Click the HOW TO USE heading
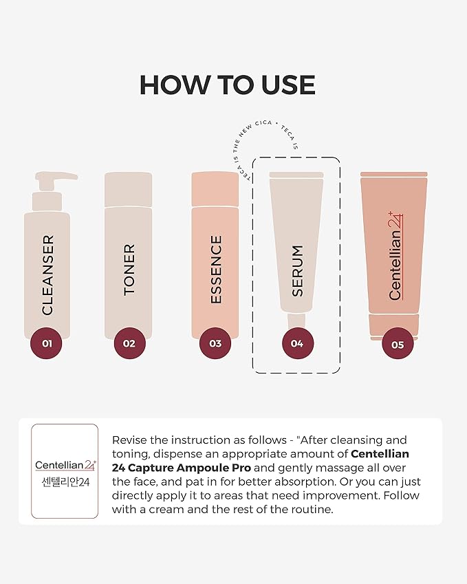click(228, 85)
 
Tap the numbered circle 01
click(46, 343)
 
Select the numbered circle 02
click(129, 343)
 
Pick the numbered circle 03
click(215, 343)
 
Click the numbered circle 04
click(297, 343)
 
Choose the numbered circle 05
click(398, 344)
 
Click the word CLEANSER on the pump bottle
click(47, 275)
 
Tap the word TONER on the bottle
click(129, 270)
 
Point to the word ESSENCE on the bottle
click(216, 269)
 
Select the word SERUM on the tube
click(297, 271)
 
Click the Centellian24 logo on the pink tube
click(395, 256)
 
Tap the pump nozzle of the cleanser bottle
click(56, 177)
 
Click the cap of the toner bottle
click(128, 189)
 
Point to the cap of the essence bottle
click(215, 189)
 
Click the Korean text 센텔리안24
click(65, 482)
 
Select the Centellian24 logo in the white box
click(65, 465)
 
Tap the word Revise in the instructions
click(129, 440)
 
